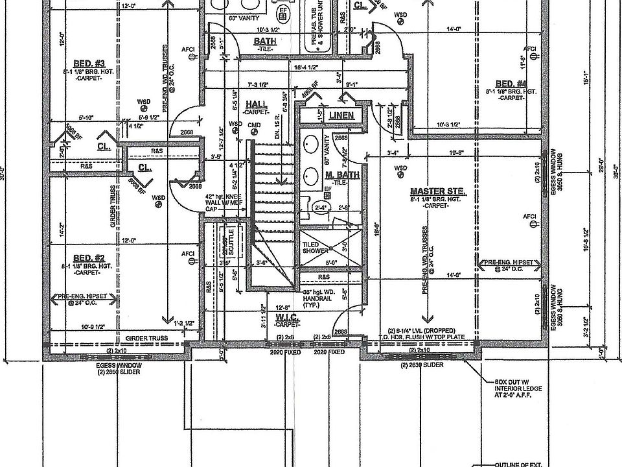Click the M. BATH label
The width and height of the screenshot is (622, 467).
pos(338,176)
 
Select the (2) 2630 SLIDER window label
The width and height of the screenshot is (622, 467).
pos(422,366)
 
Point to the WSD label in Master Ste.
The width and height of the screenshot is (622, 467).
pos(400,168)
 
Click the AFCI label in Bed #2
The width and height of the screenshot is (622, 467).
pos(188,254)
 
